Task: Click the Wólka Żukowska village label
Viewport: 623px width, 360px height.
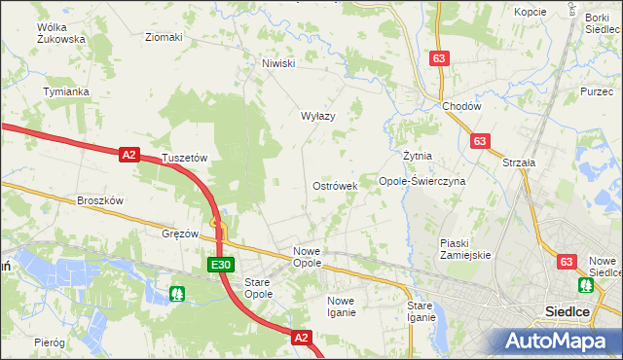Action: (x=60, y=33)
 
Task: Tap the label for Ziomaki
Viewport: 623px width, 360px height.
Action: (x=163, y=38)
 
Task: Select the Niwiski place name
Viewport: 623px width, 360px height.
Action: (x=277, y=64)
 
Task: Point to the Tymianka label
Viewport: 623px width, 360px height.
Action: (x=66, y=91)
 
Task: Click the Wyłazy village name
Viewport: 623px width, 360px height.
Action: (x=317, y=116)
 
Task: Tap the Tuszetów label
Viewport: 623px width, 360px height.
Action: (x=186, y=158)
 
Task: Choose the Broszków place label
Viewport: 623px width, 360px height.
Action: (x=100, y=200)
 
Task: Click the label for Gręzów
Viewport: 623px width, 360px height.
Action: (x=180, y=234)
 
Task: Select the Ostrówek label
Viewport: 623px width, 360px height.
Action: (x=335, y=185)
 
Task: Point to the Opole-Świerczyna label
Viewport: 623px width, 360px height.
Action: (x=422, y=181)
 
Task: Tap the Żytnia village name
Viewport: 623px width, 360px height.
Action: (x=417, y=156)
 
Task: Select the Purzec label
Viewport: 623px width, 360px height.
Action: (x=596, y=91)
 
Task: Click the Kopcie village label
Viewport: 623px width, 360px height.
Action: (x=531, y=13)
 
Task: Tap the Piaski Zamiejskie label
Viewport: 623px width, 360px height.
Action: (x=465, y=248)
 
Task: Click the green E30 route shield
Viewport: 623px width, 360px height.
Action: (x=221, y=265)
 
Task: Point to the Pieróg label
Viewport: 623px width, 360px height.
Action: (x=49, y=342)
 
